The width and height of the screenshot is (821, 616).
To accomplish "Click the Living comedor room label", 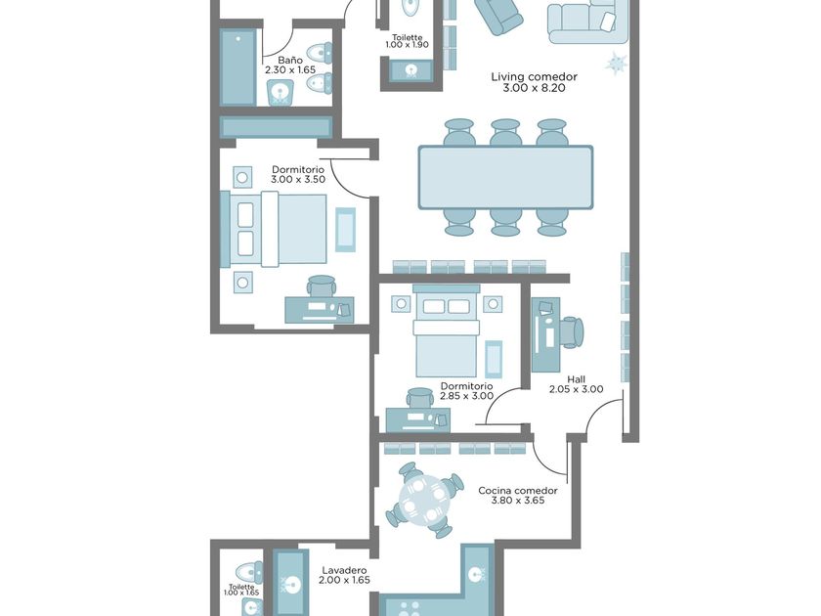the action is click(534, 77).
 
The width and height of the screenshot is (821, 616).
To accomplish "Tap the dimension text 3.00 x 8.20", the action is click(534, 88).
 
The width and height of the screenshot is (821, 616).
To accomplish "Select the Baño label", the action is click(290, 60).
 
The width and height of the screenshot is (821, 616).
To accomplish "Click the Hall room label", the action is click(576, 379).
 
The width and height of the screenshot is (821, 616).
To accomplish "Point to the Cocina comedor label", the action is click(518, 491).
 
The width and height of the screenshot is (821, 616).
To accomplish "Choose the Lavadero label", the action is click(344, 570).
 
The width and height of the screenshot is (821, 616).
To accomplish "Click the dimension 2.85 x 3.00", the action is click(466, 396).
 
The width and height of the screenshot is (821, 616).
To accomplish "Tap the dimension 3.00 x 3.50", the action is click(298, 179).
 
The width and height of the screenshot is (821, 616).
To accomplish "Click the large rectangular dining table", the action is click(506, 178).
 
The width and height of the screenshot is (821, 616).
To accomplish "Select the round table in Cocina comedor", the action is click(424, 500).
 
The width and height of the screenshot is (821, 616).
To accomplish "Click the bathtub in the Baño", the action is click(238, 67).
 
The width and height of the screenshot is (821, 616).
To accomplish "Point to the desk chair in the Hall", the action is click(572, 332).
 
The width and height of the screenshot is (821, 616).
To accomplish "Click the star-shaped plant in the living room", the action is click(617, 63).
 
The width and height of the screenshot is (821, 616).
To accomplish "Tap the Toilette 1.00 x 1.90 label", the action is click(407, 41).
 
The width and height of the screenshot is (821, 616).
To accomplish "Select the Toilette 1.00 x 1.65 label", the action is click(241, 590).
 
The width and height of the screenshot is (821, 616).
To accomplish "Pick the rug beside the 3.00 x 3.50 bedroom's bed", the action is click(345, 230).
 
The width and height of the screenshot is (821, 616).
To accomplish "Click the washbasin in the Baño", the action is click(281, 92).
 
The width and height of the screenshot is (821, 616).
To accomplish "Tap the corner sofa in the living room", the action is click(588, 21).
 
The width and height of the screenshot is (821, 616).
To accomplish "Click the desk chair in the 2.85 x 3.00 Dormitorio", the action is click(420, 398).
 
